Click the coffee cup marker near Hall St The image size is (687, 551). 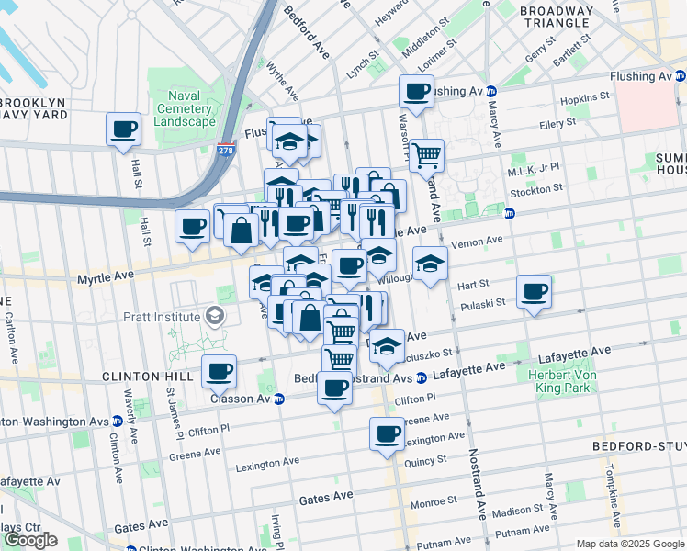coord(123,129)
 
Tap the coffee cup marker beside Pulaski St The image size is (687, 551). coord(534,293)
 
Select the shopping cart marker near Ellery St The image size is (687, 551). coord(426,155)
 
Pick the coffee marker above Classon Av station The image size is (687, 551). coord(220,372)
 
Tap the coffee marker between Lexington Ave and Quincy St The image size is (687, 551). coord(387,433)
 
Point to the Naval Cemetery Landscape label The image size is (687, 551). coord(185,109)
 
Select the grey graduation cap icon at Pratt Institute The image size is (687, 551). coord(215,317)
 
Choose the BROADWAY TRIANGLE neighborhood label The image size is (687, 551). coord(556,17)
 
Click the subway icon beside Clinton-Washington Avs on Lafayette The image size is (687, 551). coord(117,421)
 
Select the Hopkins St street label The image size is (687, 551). coord(585,96)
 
